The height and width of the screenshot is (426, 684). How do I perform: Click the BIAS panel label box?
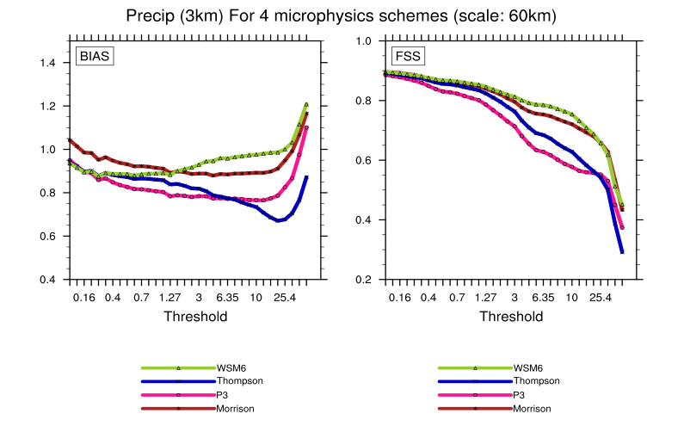pos(96,58)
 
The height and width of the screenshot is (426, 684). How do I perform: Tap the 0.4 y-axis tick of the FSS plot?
pos(364,220)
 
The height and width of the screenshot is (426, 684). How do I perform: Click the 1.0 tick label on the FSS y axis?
pos(364,40)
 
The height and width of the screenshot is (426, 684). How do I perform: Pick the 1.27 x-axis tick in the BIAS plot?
pos(169,297)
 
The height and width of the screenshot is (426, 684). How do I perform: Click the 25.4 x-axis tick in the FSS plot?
pos(600,297)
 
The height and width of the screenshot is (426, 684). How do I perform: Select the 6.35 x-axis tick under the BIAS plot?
pos(227,297)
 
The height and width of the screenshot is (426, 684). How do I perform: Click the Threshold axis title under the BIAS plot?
pos(195,317)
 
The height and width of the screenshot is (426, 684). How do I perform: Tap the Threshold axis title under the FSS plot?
pos(511,317)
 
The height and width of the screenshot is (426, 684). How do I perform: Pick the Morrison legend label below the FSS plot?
pos(533,409)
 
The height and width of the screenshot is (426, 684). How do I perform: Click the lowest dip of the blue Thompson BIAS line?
pos(279,221)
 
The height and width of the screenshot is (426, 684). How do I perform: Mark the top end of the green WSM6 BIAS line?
pos(306,104)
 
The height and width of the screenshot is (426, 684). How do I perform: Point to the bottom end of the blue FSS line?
pos(622,252)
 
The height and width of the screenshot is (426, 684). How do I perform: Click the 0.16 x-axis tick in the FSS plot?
pos(399,297)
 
